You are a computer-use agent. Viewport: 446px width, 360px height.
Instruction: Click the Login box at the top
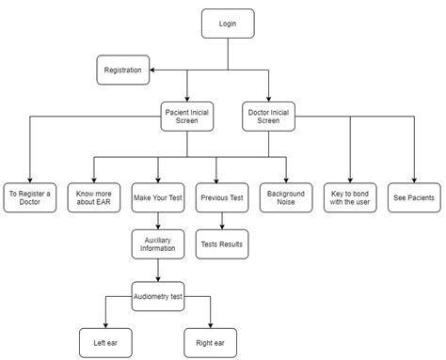(228, 23)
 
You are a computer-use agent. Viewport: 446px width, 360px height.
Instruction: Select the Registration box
(123, 69)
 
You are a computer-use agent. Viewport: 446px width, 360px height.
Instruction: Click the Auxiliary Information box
(157, 245)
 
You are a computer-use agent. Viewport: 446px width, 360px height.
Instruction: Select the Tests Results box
(222, 244)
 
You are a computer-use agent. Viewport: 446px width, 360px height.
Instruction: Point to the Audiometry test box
(157, 296)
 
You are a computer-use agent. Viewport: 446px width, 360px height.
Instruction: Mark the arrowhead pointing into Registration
(154, 69)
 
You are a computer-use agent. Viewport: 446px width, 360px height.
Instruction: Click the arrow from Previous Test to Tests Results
(222, 221)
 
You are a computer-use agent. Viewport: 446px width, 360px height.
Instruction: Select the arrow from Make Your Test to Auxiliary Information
(157, 221)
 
